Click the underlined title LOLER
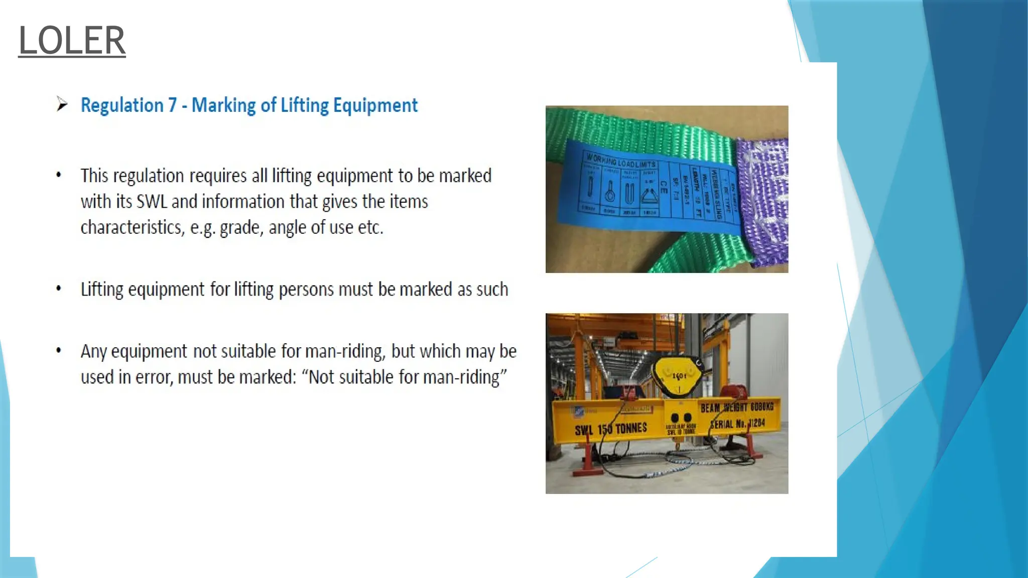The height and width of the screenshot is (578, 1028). [72, 40]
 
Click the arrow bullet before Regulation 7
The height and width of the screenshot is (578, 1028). [62, 104]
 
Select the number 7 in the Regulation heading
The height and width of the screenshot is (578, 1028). [172, 105]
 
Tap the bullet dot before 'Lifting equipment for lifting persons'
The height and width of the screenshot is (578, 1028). [59, 288]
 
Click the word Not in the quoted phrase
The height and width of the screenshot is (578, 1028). [321, 377]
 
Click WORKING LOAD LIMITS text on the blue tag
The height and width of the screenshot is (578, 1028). [621, 161]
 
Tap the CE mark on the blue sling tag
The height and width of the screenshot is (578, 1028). [664, 188]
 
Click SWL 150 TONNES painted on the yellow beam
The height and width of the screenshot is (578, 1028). [610, 429]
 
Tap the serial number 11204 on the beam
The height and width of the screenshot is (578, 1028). [755, 423]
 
